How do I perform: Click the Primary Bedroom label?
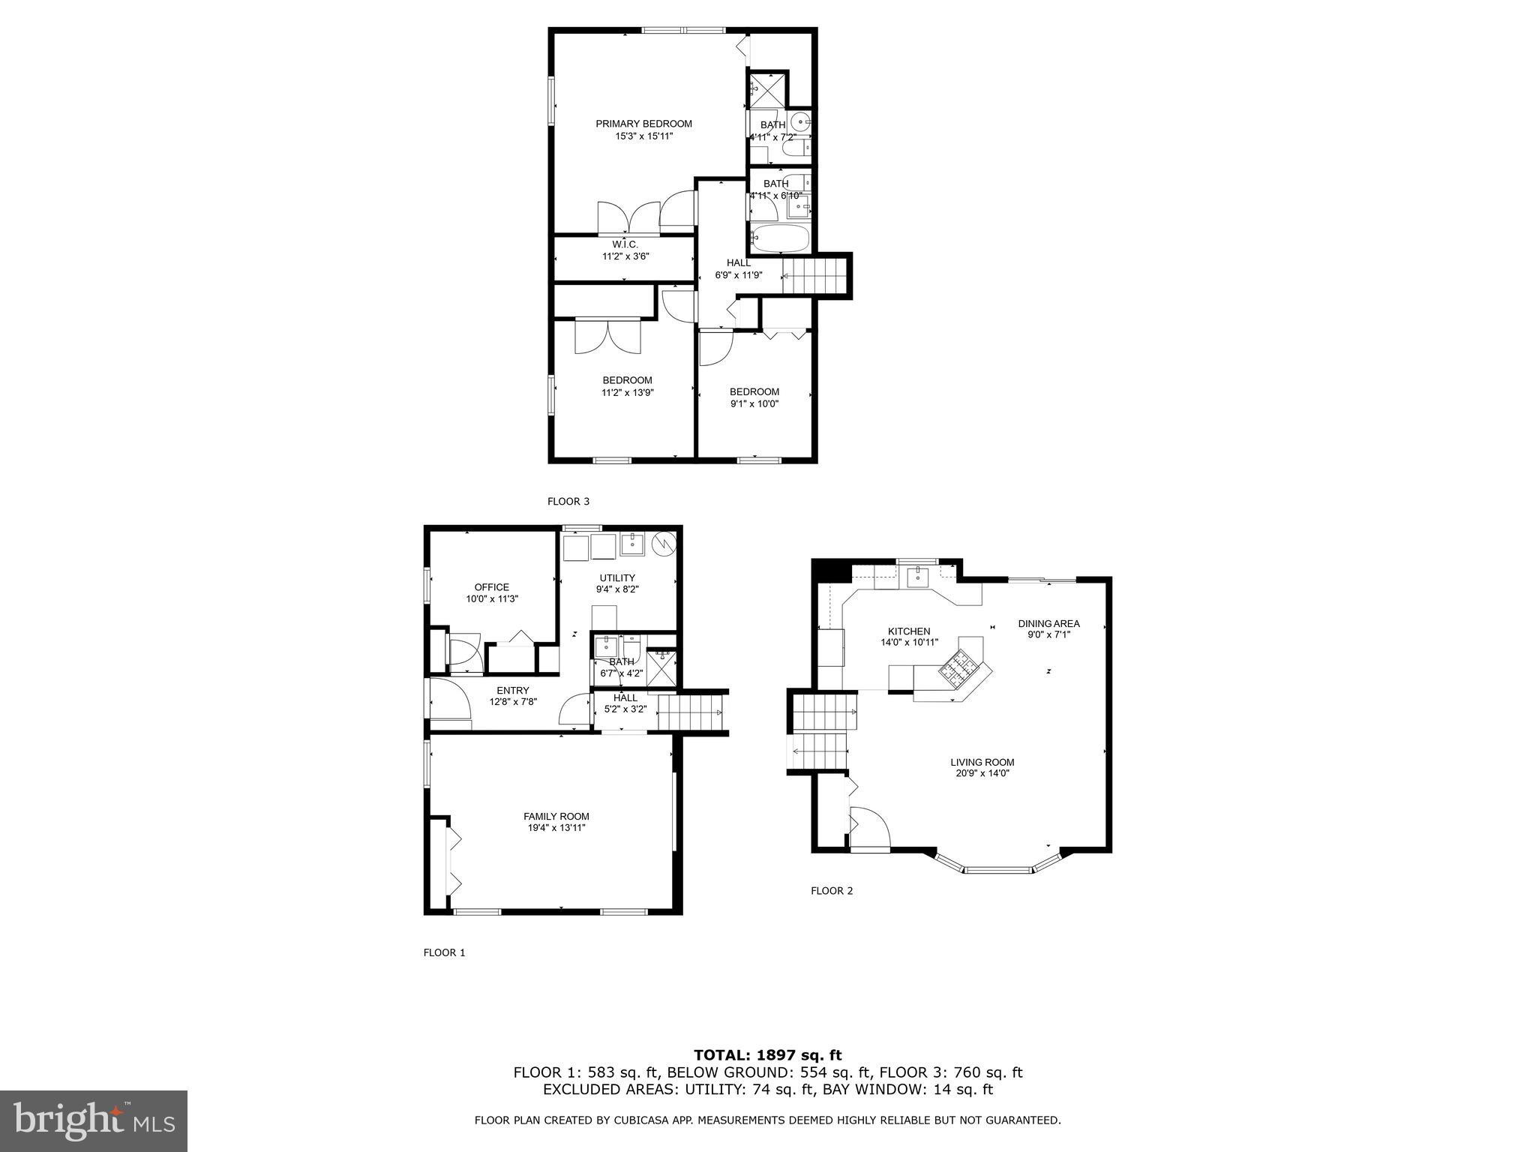[x=643, y=124]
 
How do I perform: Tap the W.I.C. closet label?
[x=625, y=244]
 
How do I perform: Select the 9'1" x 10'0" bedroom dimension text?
[x=754, y=403]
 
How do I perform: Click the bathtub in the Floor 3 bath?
[x=781, y=239]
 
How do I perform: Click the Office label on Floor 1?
[x=491, y=587]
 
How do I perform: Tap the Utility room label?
[x=616, y=577]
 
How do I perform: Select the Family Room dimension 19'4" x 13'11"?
[x=556, y=828]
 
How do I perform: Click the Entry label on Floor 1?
[x=513, y=691]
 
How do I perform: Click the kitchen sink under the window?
[x=917, y=577]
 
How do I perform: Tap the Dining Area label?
[x=1048, y=623]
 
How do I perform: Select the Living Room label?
[x=982, y=762]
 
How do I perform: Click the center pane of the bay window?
[x=997, y=870]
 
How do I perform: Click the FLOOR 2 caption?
[x=832, y=891]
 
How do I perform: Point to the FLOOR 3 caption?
[x=568, y=501]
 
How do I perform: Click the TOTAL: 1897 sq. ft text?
[x=768, y=1055]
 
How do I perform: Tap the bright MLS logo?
[x=94, y=1120]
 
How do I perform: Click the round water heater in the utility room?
[x=663, y=544]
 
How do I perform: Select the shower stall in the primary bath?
[x=767, y=91]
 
